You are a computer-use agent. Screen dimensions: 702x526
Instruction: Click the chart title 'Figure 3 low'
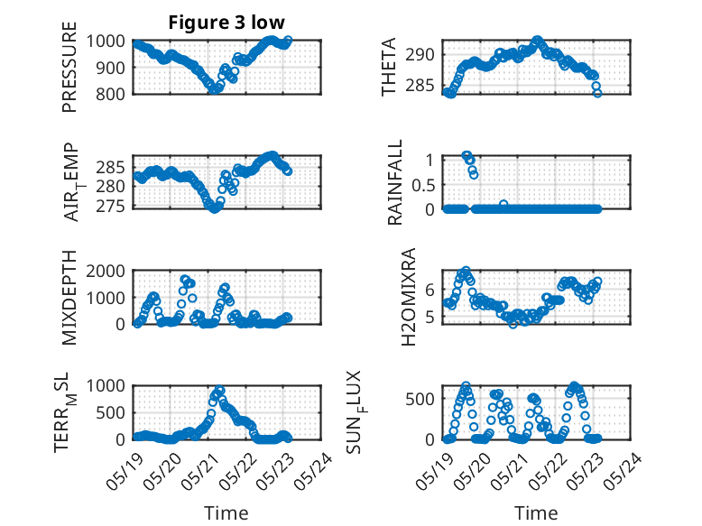[226, 23]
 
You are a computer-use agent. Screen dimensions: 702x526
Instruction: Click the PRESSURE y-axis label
[69, 67]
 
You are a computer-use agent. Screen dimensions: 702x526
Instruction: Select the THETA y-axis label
[389, 67]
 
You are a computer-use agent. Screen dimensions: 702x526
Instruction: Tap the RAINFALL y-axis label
[395, 182]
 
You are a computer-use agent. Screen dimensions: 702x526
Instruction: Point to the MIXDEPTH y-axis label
[69, 297]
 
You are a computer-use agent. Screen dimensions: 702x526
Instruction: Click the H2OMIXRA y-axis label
[409, 297]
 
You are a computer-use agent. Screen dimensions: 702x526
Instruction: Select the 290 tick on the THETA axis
[420, 55]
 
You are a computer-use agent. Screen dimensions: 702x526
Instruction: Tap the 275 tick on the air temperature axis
[110, 206]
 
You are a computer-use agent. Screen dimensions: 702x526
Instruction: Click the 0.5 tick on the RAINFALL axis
[423, 185]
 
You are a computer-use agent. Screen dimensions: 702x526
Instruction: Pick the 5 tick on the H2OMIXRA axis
[430, 317]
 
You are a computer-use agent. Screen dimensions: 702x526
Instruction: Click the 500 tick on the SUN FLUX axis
[420, 399]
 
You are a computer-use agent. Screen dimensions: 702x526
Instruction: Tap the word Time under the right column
[536, 513]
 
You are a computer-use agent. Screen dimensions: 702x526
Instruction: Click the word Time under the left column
[226, 513]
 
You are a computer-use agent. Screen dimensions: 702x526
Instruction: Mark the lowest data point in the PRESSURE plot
[215, 89]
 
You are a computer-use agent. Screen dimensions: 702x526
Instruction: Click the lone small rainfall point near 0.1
[503, 204]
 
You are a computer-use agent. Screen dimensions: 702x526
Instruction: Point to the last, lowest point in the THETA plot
[597, 93]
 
